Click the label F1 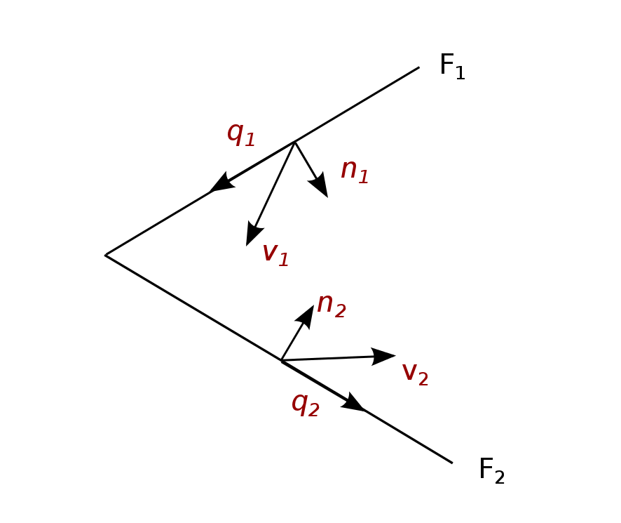[452, 67]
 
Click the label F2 [491, 470]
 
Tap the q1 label [241, 133]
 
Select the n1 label [355, 171]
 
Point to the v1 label [275, 253]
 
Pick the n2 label [331, 305]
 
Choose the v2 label [415, 373]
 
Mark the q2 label [306, 404]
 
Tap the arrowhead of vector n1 [321, 187]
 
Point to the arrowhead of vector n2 [308, 315]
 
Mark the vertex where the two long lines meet [105, 255]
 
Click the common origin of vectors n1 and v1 [295, 142]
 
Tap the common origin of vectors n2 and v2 [281, 360]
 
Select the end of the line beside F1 [419, 67]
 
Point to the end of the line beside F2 [452, 463]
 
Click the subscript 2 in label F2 [500, 477]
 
